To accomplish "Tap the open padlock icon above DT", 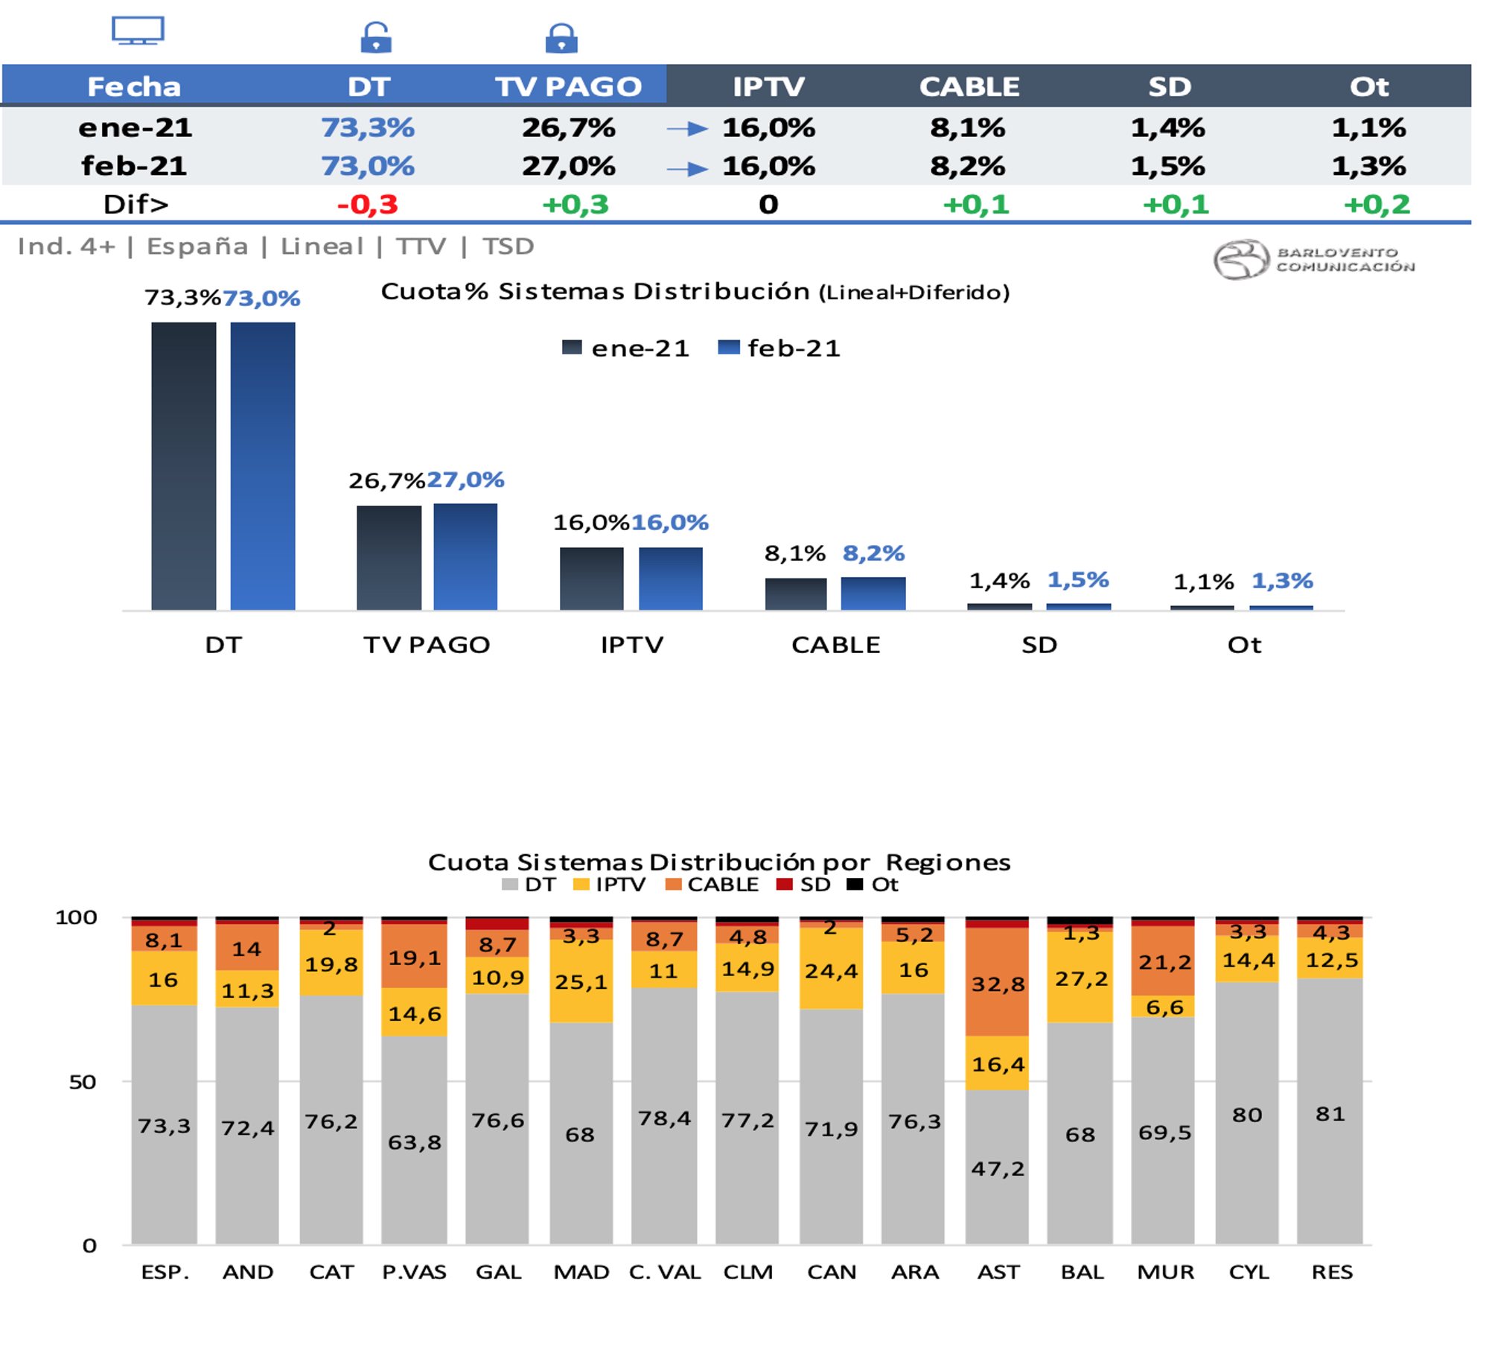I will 375,37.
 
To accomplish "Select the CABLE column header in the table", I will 969,86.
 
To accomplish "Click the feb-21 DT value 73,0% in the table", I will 368,166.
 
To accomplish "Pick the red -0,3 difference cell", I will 368,205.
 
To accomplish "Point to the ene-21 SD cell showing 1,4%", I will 1167,128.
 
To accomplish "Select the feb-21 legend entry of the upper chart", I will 779,348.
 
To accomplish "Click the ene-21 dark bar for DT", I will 184,465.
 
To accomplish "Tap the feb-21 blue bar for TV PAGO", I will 465,556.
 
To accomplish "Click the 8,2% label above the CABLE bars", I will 873,553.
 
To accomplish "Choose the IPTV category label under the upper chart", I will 632,645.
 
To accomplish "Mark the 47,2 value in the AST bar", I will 998,1168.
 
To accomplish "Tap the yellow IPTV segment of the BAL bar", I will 1080,978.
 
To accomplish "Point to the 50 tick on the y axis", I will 83,1082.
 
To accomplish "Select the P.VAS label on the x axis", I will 414,1273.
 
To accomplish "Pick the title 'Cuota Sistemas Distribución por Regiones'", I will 719,862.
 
